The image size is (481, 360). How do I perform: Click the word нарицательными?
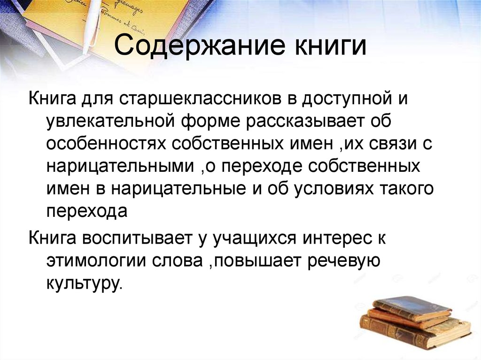pyautogui.click(x=118, y=167)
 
